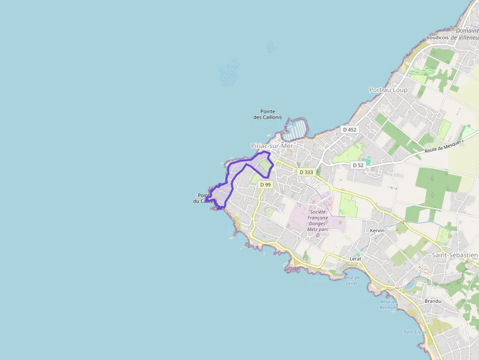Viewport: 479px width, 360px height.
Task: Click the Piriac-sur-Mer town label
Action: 271,146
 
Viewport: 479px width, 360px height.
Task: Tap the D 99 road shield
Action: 265,185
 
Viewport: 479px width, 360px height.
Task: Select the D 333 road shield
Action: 305,172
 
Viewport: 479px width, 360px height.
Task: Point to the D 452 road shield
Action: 349,129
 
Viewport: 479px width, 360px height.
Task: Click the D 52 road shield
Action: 358,165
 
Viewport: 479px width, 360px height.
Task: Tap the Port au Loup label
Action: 388,90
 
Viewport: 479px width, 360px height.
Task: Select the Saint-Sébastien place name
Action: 455,255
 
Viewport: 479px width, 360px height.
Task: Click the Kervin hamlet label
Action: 377,230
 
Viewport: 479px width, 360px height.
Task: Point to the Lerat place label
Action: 355,258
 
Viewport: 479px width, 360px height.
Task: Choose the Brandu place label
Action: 433,301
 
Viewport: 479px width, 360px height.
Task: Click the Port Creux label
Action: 415,332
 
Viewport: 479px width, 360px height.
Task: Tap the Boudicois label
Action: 437,37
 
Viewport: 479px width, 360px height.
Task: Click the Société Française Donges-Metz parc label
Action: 318,223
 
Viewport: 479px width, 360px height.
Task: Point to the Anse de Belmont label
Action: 389,304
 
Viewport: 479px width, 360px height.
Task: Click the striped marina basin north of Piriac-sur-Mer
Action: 297,129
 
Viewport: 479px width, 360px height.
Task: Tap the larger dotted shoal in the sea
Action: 229,73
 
